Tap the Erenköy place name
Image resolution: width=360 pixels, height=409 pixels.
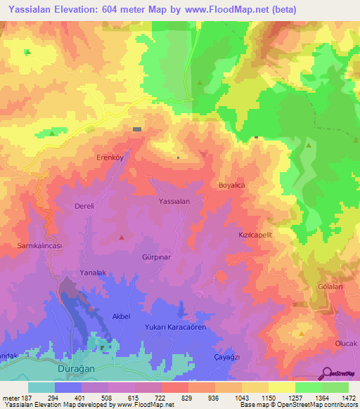pyautogui.click(x=110, y=158)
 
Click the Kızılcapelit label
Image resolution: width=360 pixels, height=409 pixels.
pyautogui.click(x=255, y=236)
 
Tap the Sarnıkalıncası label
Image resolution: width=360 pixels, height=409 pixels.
pyautogui.click(x=40, y=246)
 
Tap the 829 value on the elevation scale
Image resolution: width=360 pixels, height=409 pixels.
pyautogui.click(x=188, y=398)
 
